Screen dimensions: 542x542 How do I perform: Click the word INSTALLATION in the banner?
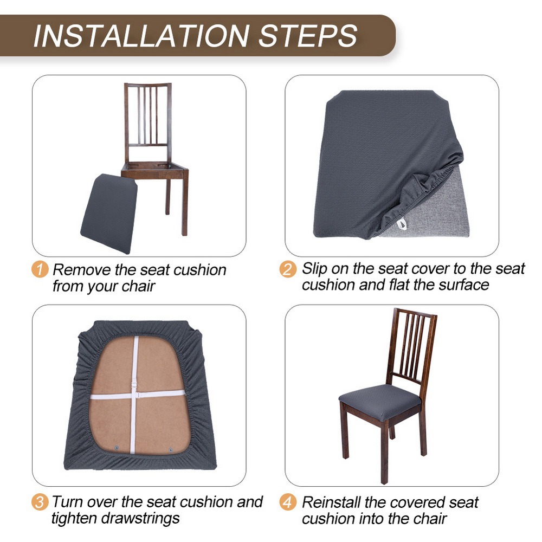[x=141, y=36]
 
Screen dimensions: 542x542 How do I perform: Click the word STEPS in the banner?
[x=308, y=36]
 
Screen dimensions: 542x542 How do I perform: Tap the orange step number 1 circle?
[x=40, y=269]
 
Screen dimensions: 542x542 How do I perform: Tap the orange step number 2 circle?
[x=288, y=269]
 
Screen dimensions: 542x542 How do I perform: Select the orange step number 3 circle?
[x=40, y=502]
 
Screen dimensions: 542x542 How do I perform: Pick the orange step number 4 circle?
[x=288, y=502]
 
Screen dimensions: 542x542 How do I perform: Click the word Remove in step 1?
[x=82, y=269]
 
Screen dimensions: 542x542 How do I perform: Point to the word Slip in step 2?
[x=314, y=269]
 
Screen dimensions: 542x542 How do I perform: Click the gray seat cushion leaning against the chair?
[x=109, y=214]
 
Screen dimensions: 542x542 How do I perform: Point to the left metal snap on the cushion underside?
[x=116, y=448]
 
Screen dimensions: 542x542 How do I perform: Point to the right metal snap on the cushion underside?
[x=170, y=450]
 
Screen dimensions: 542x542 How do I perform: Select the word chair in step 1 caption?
[x=138, y=286]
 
